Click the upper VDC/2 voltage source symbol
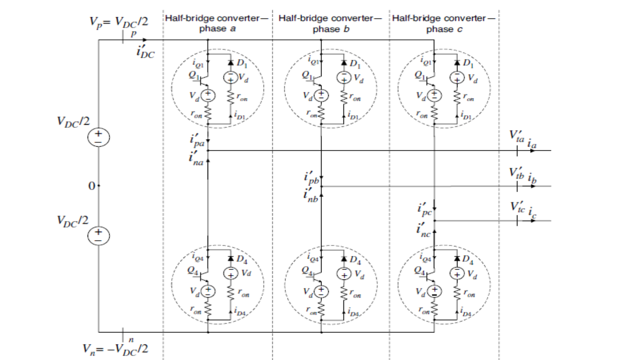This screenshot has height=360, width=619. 98,137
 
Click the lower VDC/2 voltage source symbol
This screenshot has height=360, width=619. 98,235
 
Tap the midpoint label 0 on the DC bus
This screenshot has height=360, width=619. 92,186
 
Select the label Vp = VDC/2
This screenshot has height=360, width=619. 118,22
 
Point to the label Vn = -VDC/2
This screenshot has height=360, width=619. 115,349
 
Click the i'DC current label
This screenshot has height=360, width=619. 145,52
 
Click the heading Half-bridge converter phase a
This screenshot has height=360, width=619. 217,23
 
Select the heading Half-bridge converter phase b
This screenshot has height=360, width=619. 330,23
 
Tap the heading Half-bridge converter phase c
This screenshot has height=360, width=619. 444,23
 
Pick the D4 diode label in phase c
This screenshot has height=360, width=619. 467,260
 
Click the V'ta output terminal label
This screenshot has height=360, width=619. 516,136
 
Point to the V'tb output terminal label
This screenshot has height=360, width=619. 516,173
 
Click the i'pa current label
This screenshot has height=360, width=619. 197,141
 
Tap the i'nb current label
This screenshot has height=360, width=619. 311,195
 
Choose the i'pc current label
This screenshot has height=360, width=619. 424,210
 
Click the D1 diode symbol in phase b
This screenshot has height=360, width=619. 344,63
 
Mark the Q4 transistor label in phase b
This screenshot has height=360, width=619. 307,271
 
